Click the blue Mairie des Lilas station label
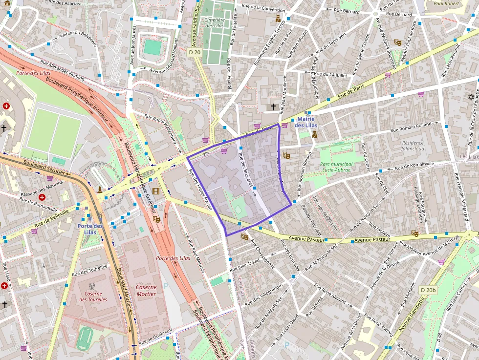[x=306, y=122]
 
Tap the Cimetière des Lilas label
[x=215, y=22]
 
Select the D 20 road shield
[x=195, y=52]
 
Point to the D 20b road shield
[x=428, y=290]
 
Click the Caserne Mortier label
[x=146, y=291]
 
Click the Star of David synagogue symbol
[x=472, y=97]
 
